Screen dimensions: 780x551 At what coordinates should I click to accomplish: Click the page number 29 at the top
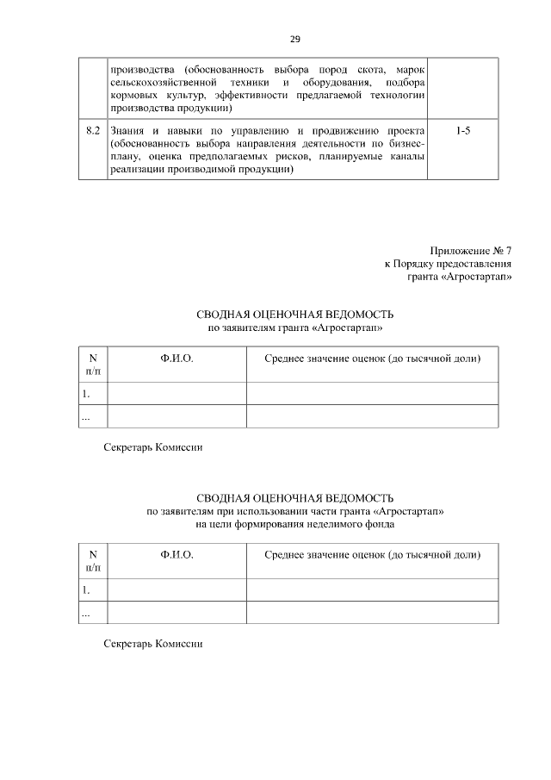(x=294, y=40)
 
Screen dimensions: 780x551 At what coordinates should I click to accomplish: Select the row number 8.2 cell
(x=92, y=130)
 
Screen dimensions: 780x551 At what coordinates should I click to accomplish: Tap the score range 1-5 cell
(x=462, y=130)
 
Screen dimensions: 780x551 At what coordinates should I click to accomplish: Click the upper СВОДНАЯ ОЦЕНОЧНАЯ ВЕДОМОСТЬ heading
(x=294, y=315)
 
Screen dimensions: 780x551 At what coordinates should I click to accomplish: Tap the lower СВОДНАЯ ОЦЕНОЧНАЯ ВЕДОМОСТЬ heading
(x=294, y=498)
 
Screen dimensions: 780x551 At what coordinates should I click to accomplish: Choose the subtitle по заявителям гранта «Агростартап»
(x=294, y=328)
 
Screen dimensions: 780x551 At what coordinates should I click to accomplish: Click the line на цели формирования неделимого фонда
(x=294, y=524)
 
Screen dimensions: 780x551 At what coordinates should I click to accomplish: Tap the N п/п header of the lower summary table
(x=93, y=561)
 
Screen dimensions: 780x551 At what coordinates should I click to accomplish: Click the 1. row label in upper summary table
(x=86, y=394)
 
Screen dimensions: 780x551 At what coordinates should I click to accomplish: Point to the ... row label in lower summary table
(x=86, y=613)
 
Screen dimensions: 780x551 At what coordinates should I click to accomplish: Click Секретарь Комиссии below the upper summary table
(x=152, y=447)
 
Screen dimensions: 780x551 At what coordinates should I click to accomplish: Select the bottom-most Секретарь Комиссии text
(x=152, y=644)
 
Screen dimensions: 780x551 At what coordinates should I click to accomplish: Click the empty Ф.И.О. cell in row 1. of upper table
(x=176, y=394)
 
